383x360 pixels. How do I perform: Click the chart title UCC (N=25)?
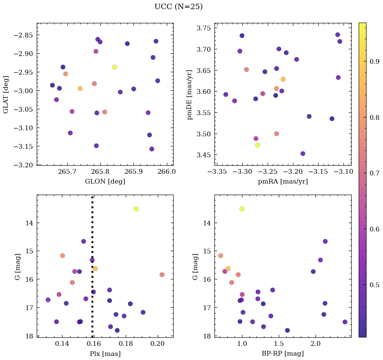tap(178, 7)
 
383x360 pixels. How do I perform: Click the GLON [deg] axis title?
tap(105, 182)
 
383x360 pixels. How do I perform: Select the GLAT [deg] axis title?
tap(6, 94)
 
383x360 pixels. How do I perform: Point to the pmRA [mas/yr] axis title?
tap(283, 182)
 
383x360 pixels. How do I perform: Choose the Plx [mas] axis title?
tap(105, 354)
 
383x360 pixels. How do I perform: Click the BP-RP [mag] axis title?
tap(283, 354)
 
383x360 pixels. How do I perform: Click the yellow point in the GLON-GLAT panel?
tap(115, 67)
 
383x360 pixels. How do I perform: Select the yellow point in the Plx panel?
tap(136, 209)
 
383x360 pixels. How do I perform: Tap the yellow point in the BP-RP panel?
tap(242, 209)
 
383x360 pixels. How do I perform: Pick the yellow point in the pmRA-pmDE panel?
tap(258, 145)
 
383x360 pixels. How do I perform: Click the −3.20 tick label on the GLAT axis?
tap(25, 165)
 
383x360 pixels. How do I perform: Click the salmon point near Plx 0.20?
tap(162, 275)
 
